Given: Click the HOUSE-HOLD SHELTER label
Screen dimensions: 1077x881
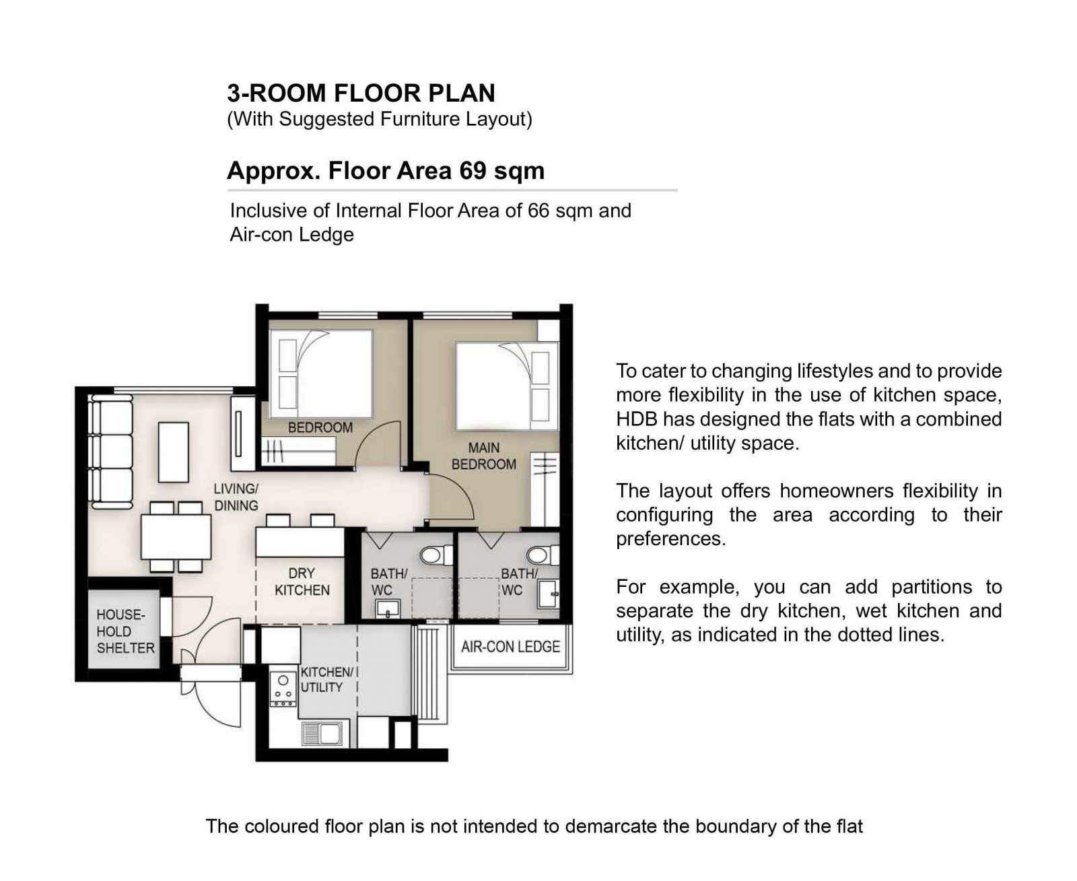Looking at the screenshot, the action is pos(125,631).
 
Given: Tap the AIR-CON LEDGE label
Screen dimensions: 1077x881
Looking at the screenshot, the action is pos(510,647).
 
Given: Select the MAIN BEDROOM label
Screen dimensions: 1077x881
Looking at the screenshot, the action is pos(483,456).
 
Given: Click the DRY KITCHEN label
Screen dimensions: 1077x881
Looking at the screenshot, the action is pos(302,582).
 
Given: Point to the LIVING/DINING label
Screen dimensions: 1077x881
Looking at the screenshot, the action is pos(236,497).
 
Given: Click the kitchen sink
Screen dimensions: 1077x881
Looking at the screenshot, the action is pos(321,734).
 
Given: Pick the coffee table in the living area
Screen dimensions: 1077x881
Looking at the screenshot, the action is pos(173,452).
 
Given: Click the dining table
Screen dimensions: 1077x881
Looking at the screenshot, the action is pos(176,537).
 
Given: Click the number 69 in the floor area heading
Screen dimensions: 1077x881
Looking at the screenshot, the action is pos(473,170).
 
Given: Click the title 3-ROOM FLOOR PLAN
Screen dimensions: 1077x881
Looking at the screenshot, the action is pos(361,93).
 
